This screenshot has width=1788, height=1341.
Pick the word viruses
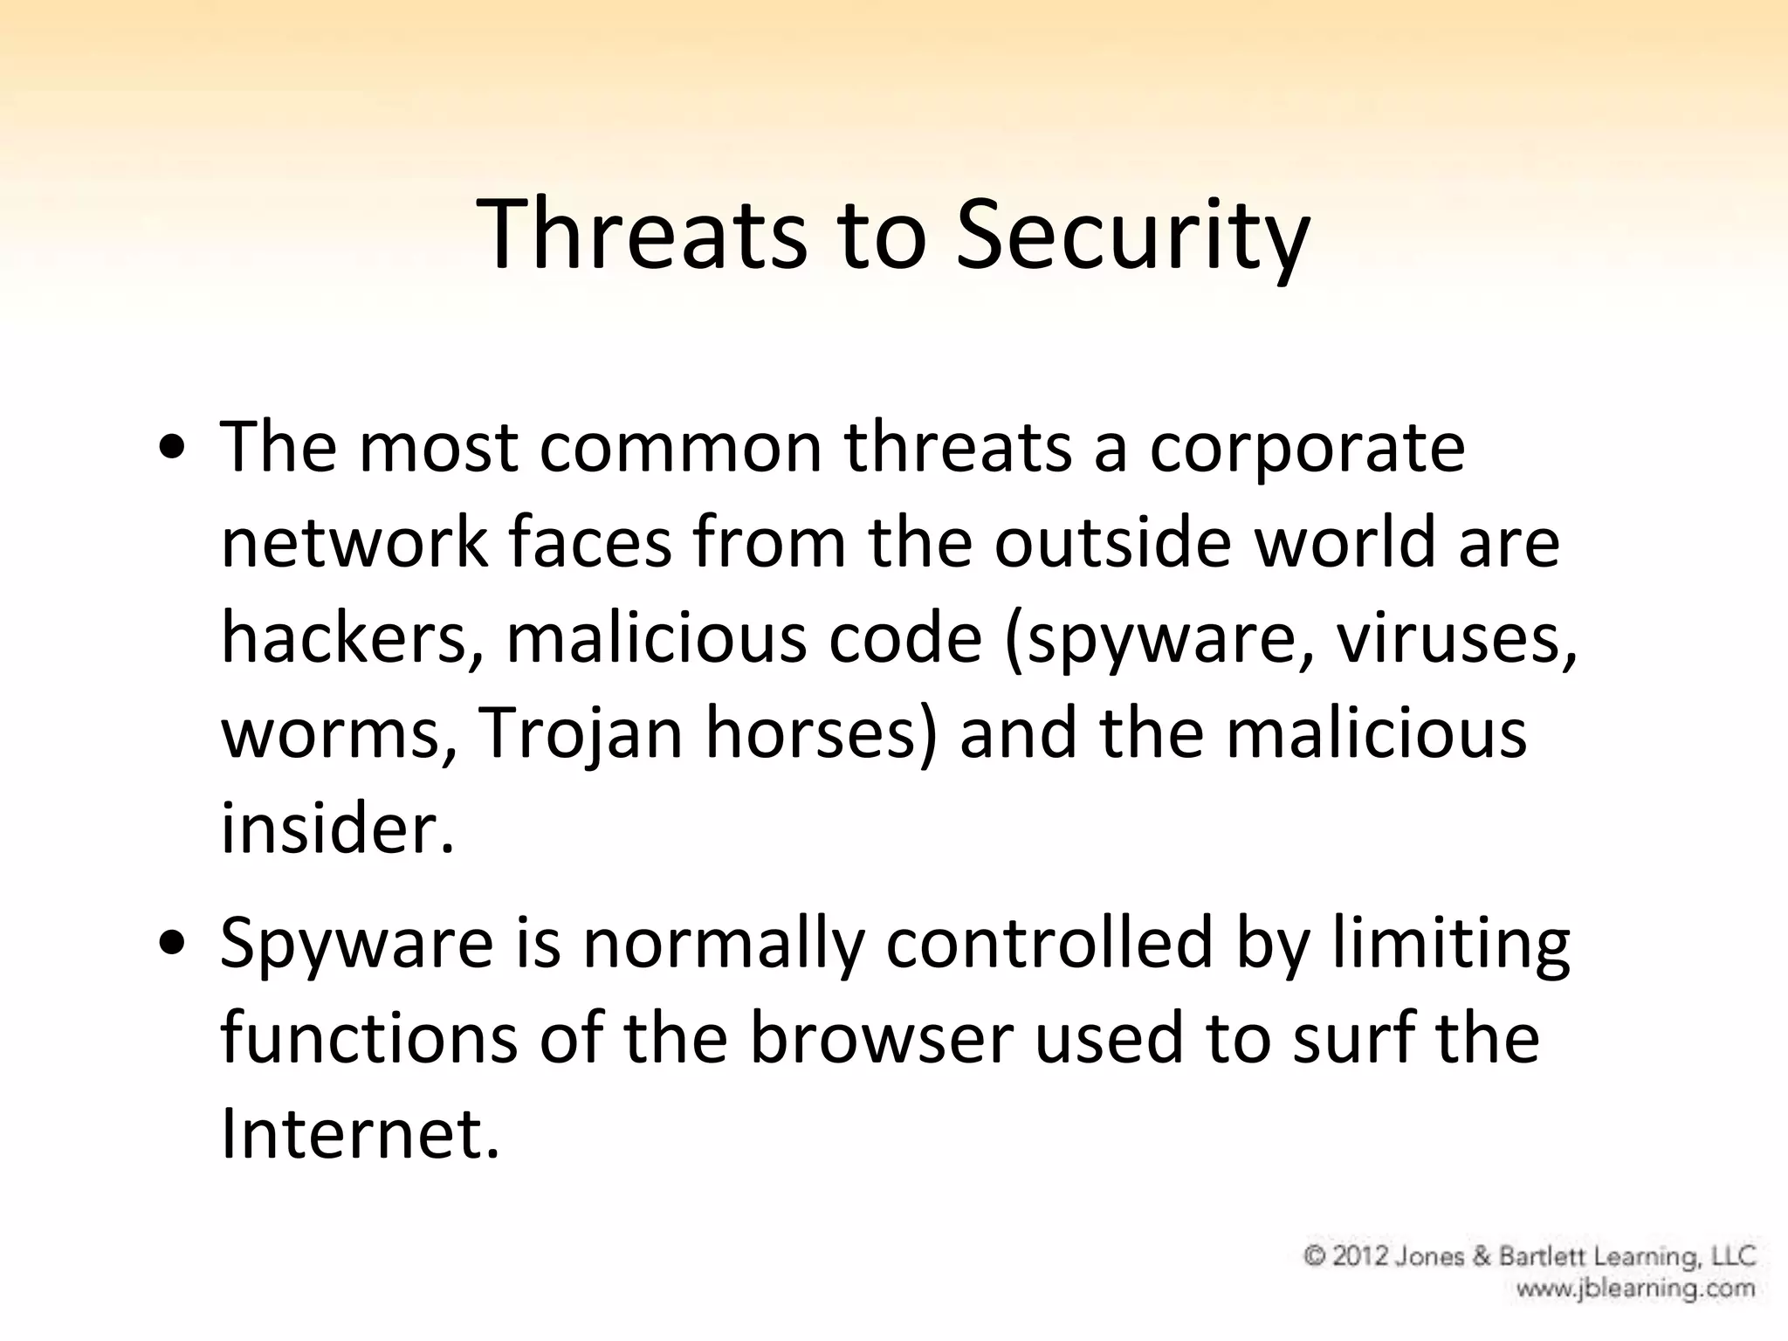[1456, 637]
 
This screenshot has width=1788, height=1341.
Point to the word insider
[337, 828]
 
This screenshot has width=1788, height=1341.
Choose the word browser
[882, 1039]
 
